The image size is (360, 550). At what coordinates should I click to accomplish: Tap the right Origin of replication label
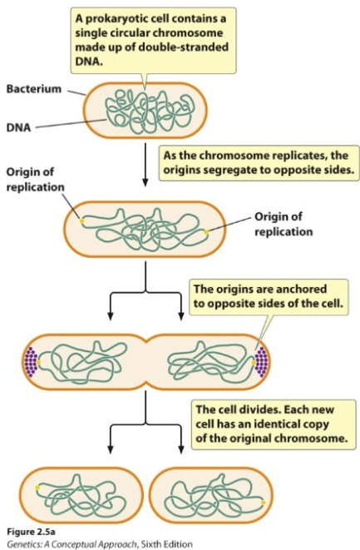(x=283, y=223)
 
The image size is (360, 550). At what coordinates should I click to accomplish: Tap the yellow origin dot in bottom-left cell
(x=37, y=488)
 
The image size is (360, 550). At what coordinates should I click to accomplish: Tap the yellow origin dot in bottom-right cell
(x=264, y=502)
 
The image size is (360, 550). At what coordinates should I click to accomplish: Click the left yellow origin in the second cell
(x=81, y=221)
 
